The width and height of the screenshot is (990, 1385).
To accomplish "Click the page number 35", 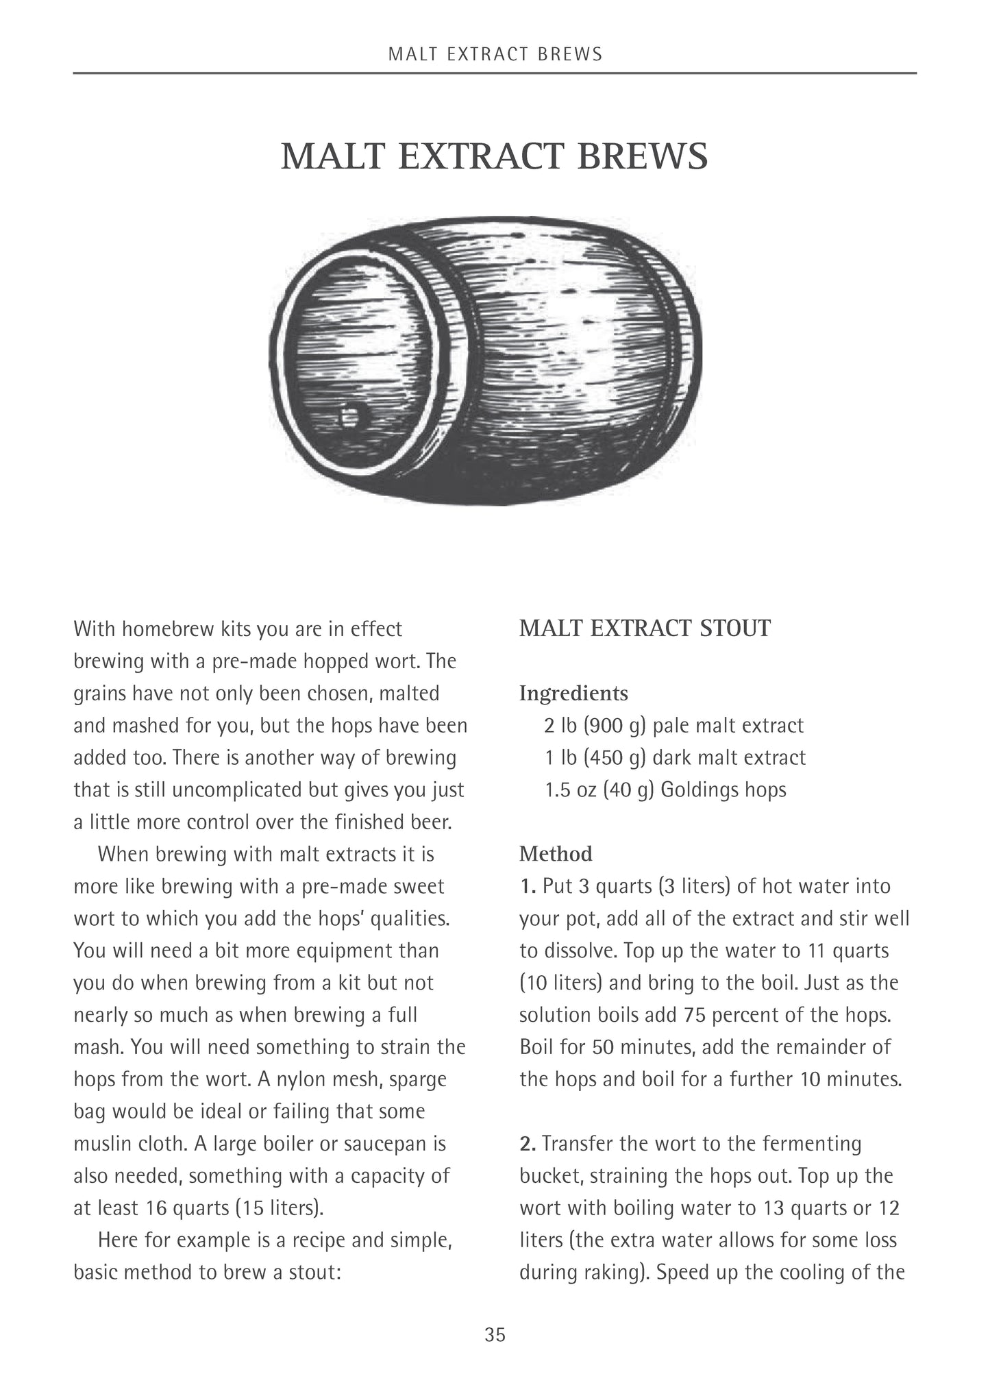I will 495,1334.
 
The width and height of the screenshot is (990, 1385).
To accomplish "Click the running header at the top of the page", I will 495,54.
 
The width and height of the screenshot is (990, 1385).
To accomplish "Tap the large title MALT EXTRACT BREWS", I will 494,156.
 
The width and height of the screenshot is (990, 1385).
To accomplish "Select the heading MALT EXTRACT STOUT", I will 645,628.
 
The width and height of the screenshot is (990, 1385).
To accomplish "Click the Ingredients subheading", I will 573,693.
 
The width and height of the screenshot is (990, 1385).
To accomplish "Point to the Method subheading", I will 556,853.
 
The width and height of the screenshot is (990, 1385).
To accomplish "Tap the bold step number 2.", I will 528,1143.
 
